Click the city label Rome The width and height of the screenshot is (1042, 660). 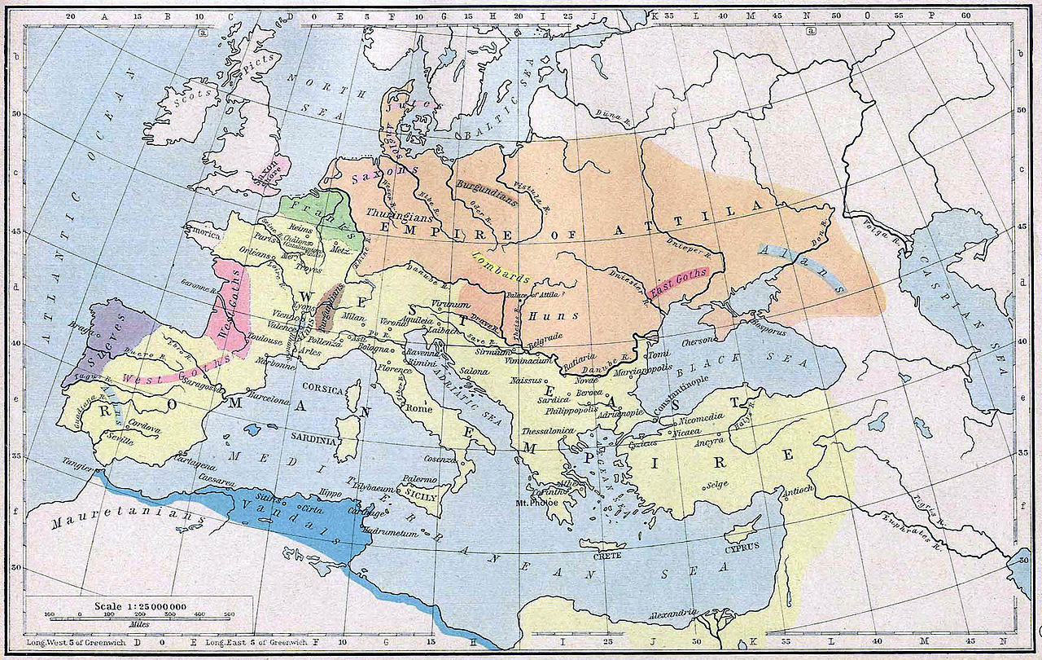pos(420,408)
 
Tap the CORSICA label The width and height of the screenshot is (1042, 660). pos(322,389)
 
